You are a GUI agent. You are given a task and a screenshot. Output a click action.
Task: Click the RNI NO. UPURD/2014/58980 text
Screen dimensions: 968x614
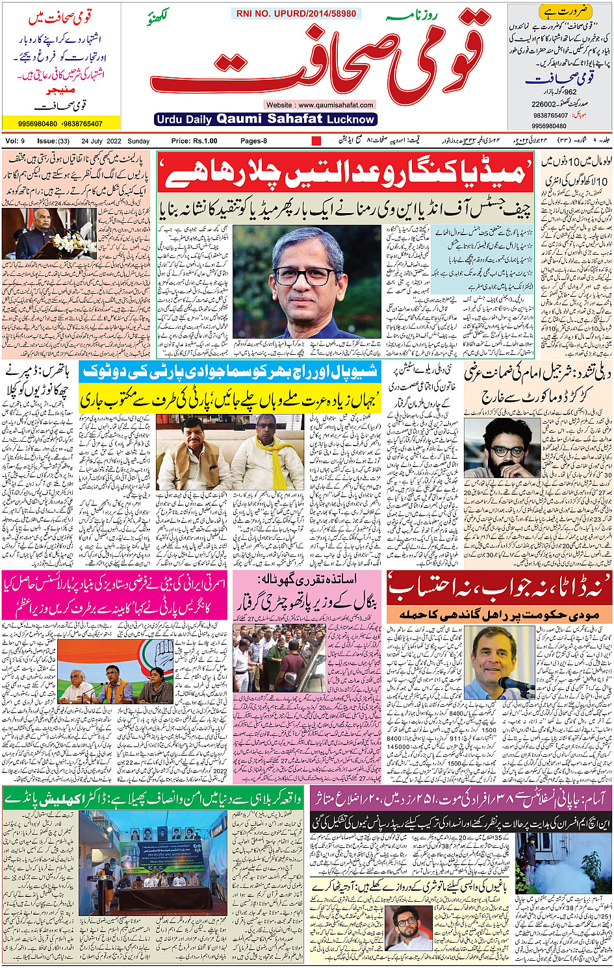[296, 14]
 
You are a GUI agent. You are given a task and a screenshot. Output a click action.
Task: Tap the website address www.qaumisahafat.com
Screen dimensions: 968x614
[320, 105]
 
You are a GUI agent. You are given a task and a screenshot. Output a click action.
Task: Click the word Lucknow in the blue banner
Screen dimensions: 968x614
[351, 120]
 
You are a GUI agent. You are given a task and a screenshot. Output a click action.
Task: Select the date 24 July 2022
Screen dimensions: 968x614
[101, 141]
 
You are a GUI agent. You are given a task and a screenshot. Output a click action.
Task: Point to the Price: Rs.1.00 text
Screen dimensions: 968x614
[194, 141]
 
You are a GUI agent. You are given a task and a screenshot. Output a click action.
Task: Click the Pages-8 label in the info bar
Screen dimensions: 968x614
[253, 141]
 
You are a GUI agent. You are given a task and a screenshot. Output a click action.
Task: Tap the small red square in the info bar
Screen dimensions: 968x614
[316, 141]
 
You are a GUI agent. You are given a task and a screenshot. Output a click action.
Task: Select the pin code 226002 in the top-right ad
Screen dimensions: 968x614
[543, 104]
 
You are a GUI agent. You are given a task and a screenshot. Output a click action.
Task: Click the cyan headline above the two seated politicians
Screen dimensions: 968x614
[229, 372]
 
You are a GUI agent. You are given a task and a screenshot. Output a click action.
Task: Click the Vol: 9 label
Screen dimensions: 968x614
[15, 141]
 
